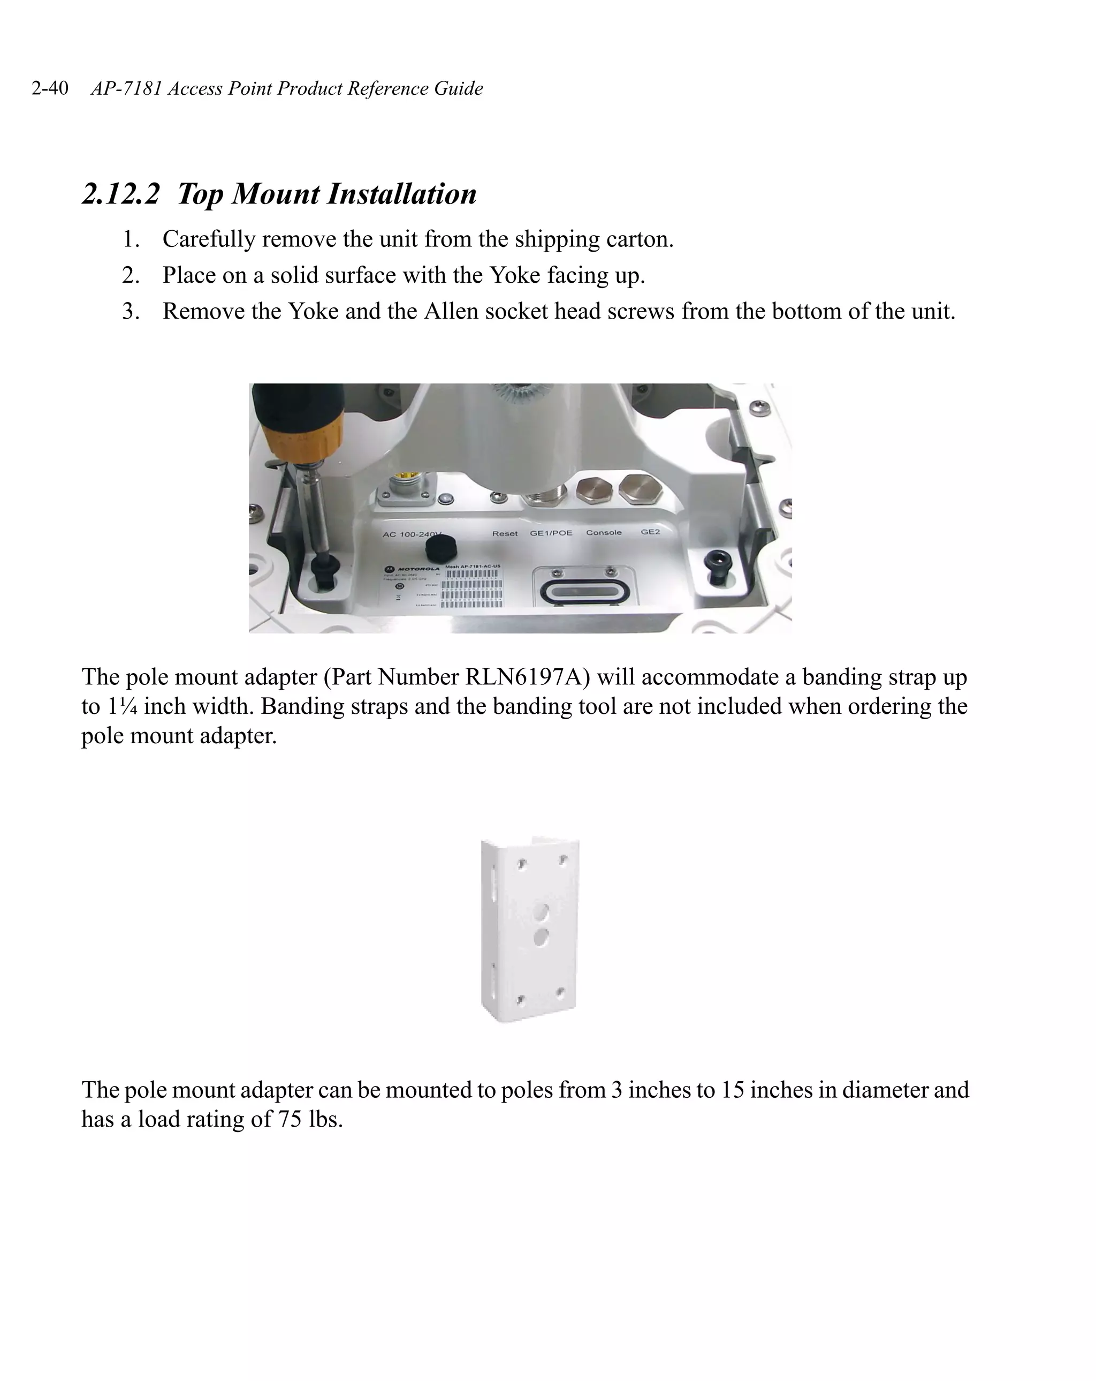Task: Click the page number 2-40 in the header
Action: coord(50,88)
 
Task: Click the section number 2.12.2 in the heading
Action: coord(120,194)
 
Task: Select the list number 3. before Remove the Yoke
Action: coord(131,311)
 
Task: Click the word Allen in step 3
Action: coord(451,311)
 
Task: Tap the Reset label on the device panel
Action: coord(505,533)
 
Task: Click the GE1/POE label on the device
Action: coord(551,533)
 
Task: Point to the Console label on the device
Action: coord(604,532)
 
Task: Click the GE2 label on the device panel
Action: coord(650,532)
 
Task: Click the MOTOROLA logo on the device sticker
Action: coord(414,569)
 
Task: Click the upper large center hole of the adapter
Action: coord(542,910)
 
